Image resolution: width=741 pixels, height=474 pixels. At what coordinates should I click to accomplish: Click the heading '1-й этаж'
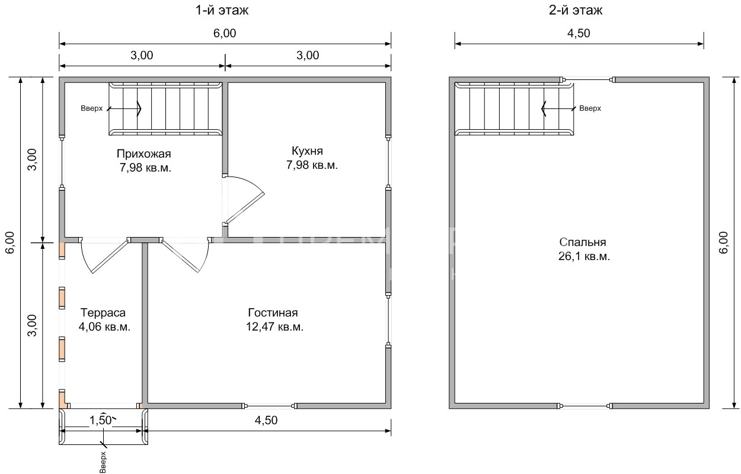pyautogui.click(x=222, y=10)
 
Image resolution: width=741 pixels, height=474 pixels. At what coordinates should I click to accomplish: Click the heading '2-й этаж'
pyautogui.click(x=576, y=10)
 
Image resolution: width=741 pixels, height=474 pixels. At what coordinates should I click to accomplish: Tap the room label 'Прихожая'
pyautogui.click(x=144, y=153)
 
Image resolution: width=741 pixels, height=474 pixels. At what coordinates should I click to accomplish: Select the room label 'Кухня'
pyautogui.click(x=307, y=150)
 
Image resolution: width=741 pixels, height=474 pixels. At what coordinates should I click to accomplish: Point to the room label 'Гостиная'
pyautogui.click(x=273, y=312)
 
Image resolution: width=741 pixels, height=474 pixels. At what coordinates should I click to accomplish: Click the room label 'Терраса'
pyautogui.click(x=103, y=312)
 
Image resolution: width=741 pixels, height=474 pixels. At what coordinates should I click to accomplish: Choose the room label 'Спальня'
pyautogui.click(x=583, y=242)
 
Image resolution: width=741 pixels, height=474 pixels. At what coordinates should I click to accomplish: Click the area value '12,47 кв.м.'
pyautogui.click(x=274, y=326)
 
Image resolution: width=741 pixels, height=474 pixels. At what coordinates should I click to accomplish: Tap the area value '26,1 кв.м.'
pyautogui.click(x=584, y=256)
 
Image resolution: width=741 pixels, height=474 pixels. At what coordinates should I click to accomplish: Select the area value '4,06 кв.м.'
pyautogui.click(x=104, y=326)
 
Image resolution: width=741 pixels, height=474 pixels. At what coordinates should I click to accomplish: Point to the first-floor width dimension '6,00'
pyautogui.click(x=225, y=33)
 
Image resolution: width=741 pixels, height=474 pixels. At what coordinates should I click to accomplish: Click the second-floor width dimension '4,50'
pyautogui.click(x=579, y=33)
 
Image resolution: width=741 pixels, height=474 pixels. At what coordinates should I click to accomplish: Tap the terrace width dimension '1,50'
pyautogui.click(x=101, y=420)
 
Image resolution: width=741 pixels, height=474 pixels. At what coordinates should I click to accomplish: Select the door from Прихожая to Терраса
pyautogui.click(x=103, y=255)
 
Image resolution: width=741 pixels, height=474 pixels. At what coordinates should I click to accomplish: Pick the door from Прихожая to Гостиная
pyautogui.click(x=185, y=255)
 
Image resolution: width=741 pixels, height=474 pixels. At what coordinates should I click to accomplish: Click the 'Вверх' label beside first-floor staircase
pyautogui.click(x=92, y=108)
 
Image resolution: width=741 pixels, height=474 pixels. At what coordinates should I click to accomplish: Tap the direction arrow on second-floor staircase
pyautogui.click(x=559, y=108)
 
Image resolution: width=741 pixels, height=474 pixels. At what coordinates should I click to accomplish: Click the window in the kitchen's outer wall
pyautogui.click(x=388, y=162)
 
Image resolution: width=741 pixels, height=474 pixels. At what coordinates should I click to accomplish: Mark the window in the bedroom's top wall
pyautogui.click(x=587, y=79)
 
